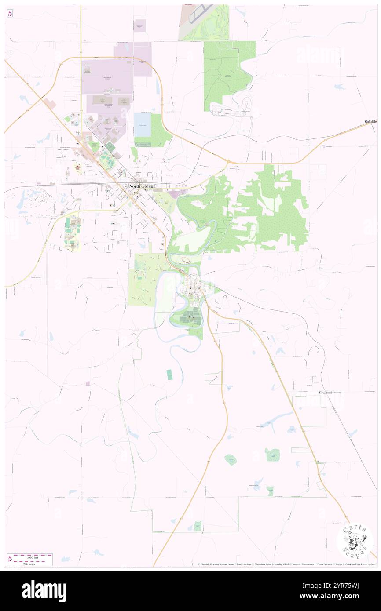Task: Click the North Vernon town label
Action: [142, 186]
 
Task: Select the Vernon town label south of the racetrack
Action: [195, 288]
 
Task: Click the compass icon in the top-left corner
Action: [10, 14]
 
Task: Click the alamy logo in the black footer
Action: [44, 591]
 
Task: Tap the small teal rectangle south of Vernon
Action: [169, 375]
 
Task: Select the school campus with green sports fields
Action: [72, 233]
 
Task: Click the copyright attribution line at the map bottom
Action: [286, 564]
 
